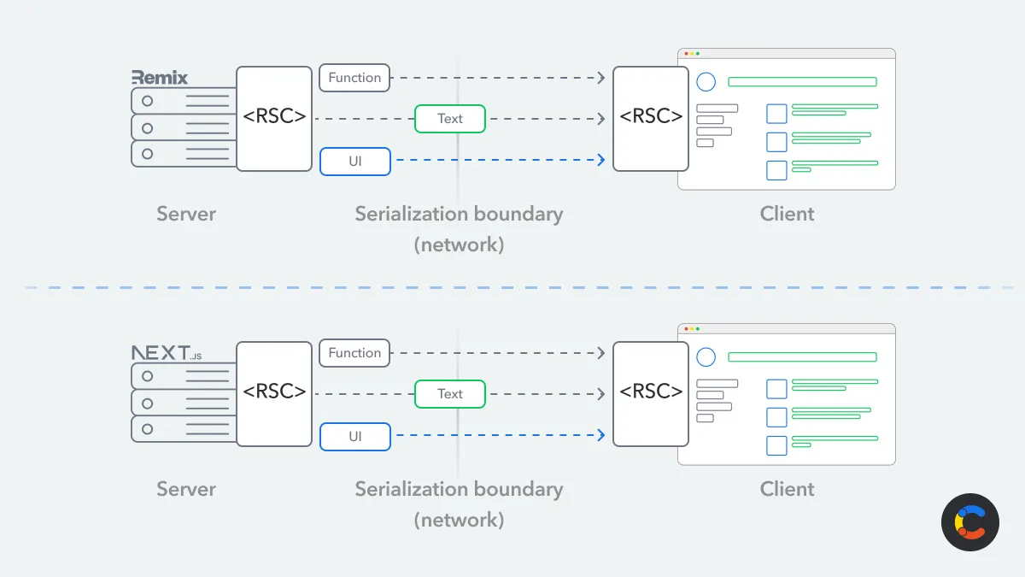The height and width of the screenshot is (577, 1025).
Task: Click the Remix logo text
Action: [160, 78]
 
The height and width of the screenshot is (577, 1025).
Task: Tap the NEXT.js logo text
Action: [167, 353]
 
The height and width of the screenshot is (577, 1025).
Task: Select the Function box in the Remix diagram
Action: [354, 78]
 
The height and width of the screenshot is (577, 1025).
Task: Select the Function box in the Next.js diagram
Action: [354, 353]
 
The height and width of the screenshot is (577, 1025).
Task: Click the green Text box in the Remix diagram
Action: [450, 119]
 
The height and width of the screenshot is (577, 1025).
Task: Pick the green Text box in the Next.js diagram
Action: [450, 394]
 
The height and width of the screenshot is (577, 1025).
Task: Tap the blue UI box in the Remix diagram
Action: [354, 161]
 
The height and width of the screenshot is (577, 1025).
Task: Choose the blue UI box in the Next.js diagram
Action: [354, 436]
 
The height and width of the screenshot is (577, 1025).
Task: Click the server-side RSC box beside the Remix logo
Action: [274, 118]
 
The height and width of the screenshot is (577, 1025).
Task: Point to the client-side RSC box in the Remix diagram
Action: [651, 118]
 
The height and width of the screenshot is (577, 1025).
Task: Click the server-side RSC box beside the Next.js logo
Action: [274, 393]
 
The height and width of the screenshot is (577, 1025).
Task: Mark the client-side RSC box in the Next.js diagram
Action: [651, 393]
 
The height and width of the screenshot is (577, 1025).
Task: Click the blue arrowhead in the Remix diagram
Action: [602, 161]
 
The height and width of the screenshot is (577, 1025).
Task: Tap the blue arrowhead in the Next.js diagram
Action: [602, 436]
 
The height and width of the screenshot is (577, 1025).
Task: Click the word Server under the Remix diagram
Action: [186, 214]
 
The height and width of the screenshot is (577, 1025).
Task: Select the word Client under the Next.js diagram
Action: [787, 489]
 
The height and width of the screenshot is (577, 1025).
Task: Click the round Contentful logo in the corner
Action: [970, 522]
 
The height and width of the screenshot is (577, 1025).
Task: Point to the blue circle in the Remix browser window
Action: [706, 82]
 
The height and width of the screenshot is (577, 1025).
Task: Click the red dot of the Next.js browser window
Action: [686, 329]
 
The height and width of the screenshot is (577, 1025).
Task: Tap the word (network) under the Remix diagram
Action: [459, 245]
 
